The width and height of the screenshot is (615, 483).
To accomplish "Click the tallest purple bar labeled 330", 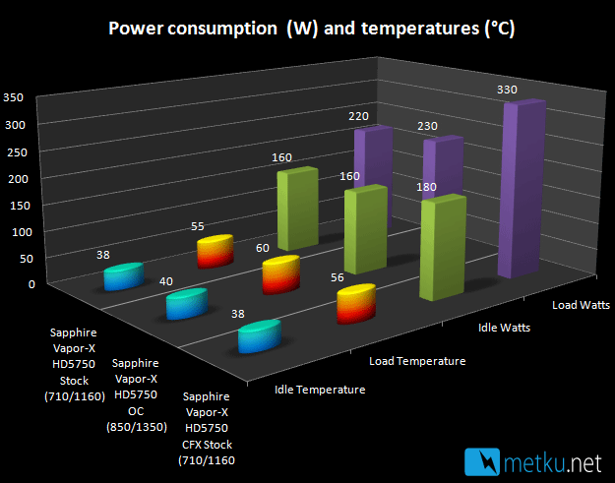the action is point(522,189).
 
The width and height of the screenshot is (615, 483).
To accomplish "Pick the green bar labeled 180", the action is point(443,248).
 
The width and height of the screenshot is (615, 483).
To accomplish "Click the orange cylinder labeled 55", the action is point(215,251).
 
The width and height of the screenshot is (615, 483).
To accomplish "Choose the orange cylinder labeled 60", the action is point(281,274).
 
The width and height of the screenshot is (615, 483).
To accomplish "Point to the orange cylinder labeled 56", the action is point(356,304).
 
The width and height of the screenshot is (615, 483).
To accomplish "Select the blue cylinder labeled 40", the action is point(187,304).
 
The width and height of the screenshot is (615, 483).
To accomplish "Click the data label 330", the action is point(507,90).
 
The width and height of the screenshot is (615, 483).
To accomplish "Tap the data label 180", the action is point(426,187).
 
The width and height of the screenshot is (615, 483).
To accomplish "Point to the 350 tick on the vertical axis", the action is point(14,97).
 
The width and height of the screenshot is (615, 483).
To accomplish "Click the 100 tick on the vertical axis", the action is point(22,232).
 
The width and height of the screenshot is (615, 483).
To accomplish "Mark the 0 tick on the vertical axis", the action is point(31,284).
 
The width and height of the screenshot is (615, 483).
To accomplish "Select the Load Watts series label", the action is point(581,305).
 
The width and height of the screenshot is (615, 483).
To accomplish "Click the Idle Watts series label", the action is point(504,328).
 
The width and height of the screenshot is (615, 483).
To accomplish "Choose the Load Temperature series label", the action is point(417,361).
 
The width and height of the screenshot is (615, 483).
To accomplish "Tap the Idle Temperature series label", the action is point(320,390).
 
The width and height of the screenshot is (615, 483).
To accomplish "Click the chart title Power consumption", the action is point(193,29).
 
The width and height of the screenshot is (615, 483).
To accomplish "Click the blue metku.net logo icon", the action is point(482,461).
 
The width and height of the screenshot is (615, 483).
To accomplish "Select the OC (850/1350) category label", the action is point(137,419).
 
